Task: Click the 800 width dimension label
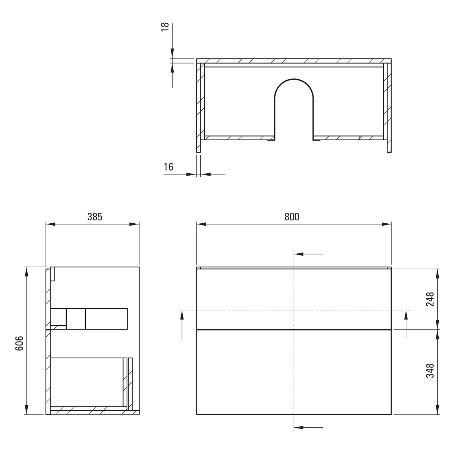292,217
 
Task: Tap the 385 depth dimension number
95,217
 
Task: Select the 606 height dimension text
19,343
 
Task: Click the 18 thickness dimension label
165,27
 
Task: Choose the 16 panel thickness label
169,167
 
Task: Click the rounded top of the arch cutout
294,79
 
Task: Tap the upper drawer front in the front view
294,299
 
